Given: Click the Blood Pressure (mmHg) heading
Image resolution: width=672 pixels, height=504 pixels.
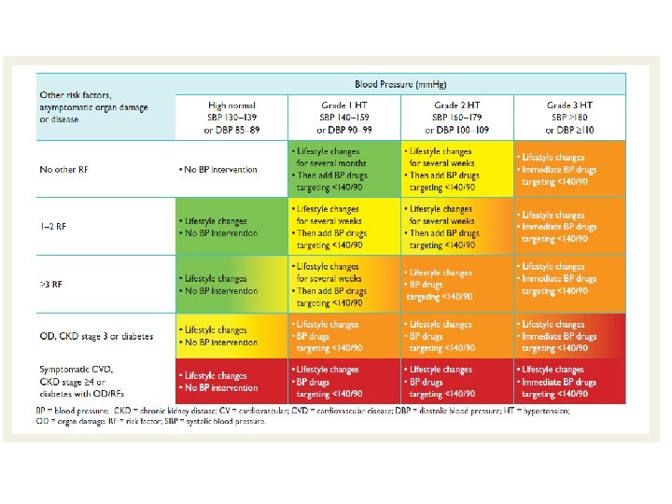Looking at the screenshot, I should point(399,82).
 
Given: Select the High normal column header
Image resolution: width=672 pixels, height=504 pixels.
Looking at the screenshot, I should point(232,116).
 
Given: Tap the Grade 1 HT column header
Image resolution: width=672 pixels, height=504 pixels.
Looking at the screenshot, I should point(344,116).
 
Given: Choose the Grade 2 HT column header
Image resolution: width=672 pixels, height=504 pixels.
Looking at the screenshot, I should point(456,116).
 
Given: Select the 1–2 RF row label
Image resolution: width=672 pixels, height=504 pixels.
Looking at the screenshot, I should point(54,227).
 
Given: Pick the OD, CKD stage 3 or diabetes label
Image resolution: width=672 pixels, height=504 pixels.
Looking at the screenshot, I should point(96,336).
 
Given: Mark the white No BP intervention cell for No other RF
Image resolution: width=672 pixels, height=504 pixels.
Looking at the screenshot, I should point(232,170).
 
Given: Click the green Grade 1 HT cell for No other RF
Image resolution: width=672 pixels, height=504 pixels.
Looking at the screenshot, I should point(344,169).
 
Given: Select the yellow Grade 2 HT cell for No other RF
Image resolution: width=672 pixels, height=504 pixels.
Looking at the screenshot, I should point(456,169).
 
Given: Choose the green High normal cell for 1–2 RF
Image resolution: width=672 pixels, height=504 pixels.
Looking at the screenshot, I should point(232,227).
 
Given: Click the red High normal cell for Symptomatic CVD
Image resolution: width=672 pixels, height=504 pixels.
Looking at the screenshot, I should point(232,382).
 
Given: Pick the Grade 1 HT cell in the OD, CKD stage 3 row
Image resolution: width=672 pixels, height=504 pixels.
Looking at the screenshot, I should point(344,336).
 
